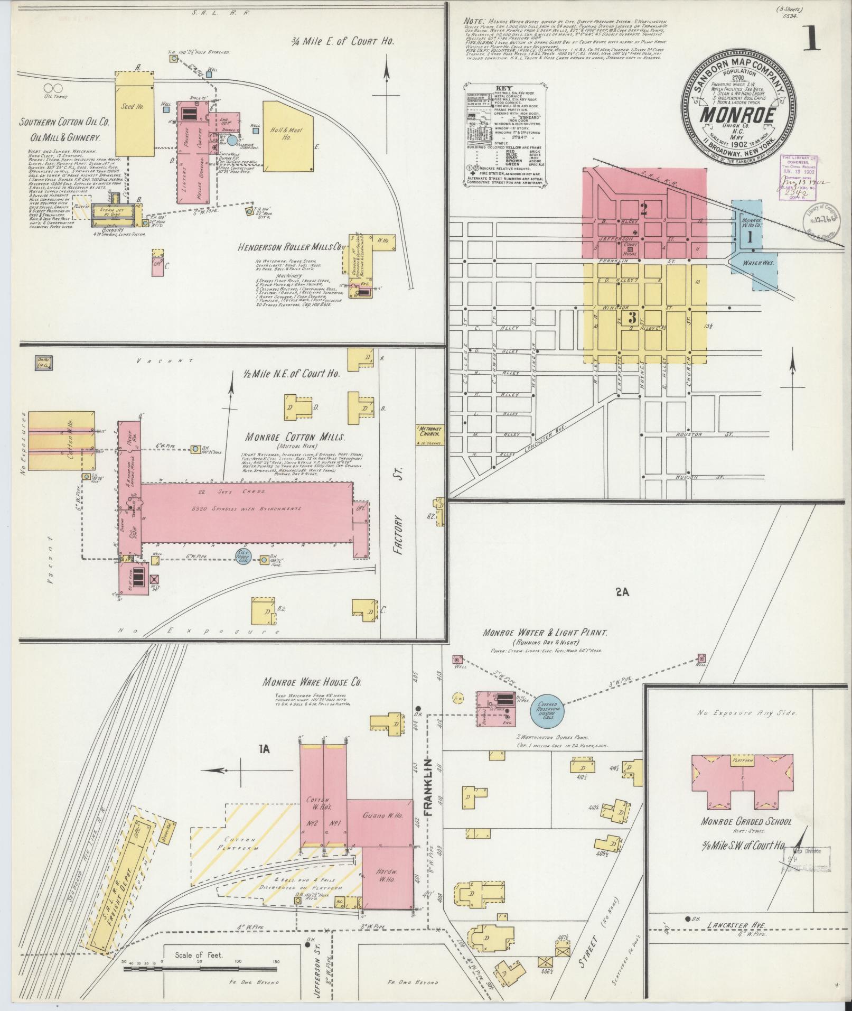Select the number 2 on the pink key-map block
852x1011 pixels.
(643, 209)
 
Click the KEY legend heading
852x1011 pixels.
(504, 88)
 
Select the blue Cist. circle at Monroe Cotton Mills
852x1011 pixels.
(244, 555)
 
